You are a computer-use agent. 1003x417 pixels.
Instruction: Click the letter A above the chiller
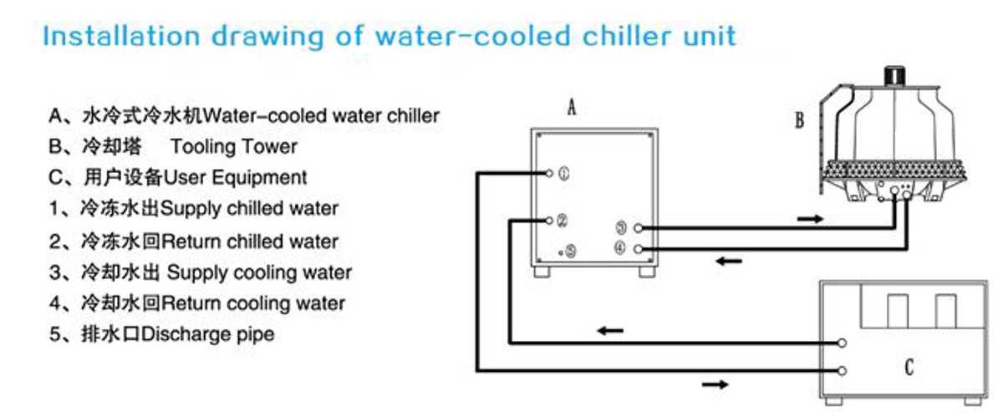coord(572,108)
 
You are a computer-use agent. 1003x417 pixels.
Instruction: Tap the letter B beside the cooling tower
coord(799,120)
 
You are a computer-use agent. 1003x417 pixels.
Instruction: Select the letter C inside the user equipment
coord(909,368)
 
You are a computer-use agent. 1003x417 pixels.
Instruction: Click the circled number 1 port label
coord(563,173)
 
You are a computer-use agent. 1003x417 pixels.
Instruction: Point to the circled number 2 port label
coord(562,221)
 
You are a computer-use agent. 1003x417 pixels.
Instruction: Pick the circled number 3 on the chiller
coord(621,228)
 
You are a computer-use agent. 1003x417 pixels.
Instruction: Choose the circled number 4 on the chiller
coord(619,247)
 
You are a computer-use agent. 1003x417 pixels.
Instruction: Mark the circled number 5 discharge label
coord(570,252)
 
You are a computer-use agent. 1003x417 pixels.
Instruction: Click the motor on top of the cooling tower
coord(894,76)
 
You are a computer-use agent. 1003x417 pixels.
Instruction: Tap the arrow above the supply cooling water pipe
coord(810,219)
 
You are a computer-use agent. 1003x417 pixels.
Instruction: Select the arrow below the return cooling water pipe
coord(729,261)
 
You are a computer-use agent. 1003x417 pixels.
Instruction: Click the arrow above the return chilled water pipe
coord(610,331)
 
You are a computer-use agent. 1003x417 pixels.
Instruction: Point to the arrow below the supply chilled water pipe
coord(715,384)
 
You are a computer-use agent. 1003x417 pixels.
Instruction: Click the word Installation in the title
coord(121,36)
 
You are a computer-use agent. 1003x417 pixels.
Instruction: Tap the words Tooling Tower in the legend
coord(234,146)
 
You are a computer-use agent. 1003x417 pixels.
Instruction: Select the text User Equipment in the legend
coord(235,178)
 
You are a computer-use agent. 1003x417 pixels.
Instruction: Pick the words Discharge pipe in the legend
coord(207,334)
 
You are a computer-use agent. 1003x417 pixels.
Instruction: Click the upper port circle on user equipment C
coord(842,343)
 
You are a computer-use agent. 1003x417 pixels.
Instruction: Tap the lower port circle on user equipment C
coord(842,371)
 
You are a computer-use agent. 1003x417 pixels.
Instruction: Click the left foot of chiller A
coord(542,272)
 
